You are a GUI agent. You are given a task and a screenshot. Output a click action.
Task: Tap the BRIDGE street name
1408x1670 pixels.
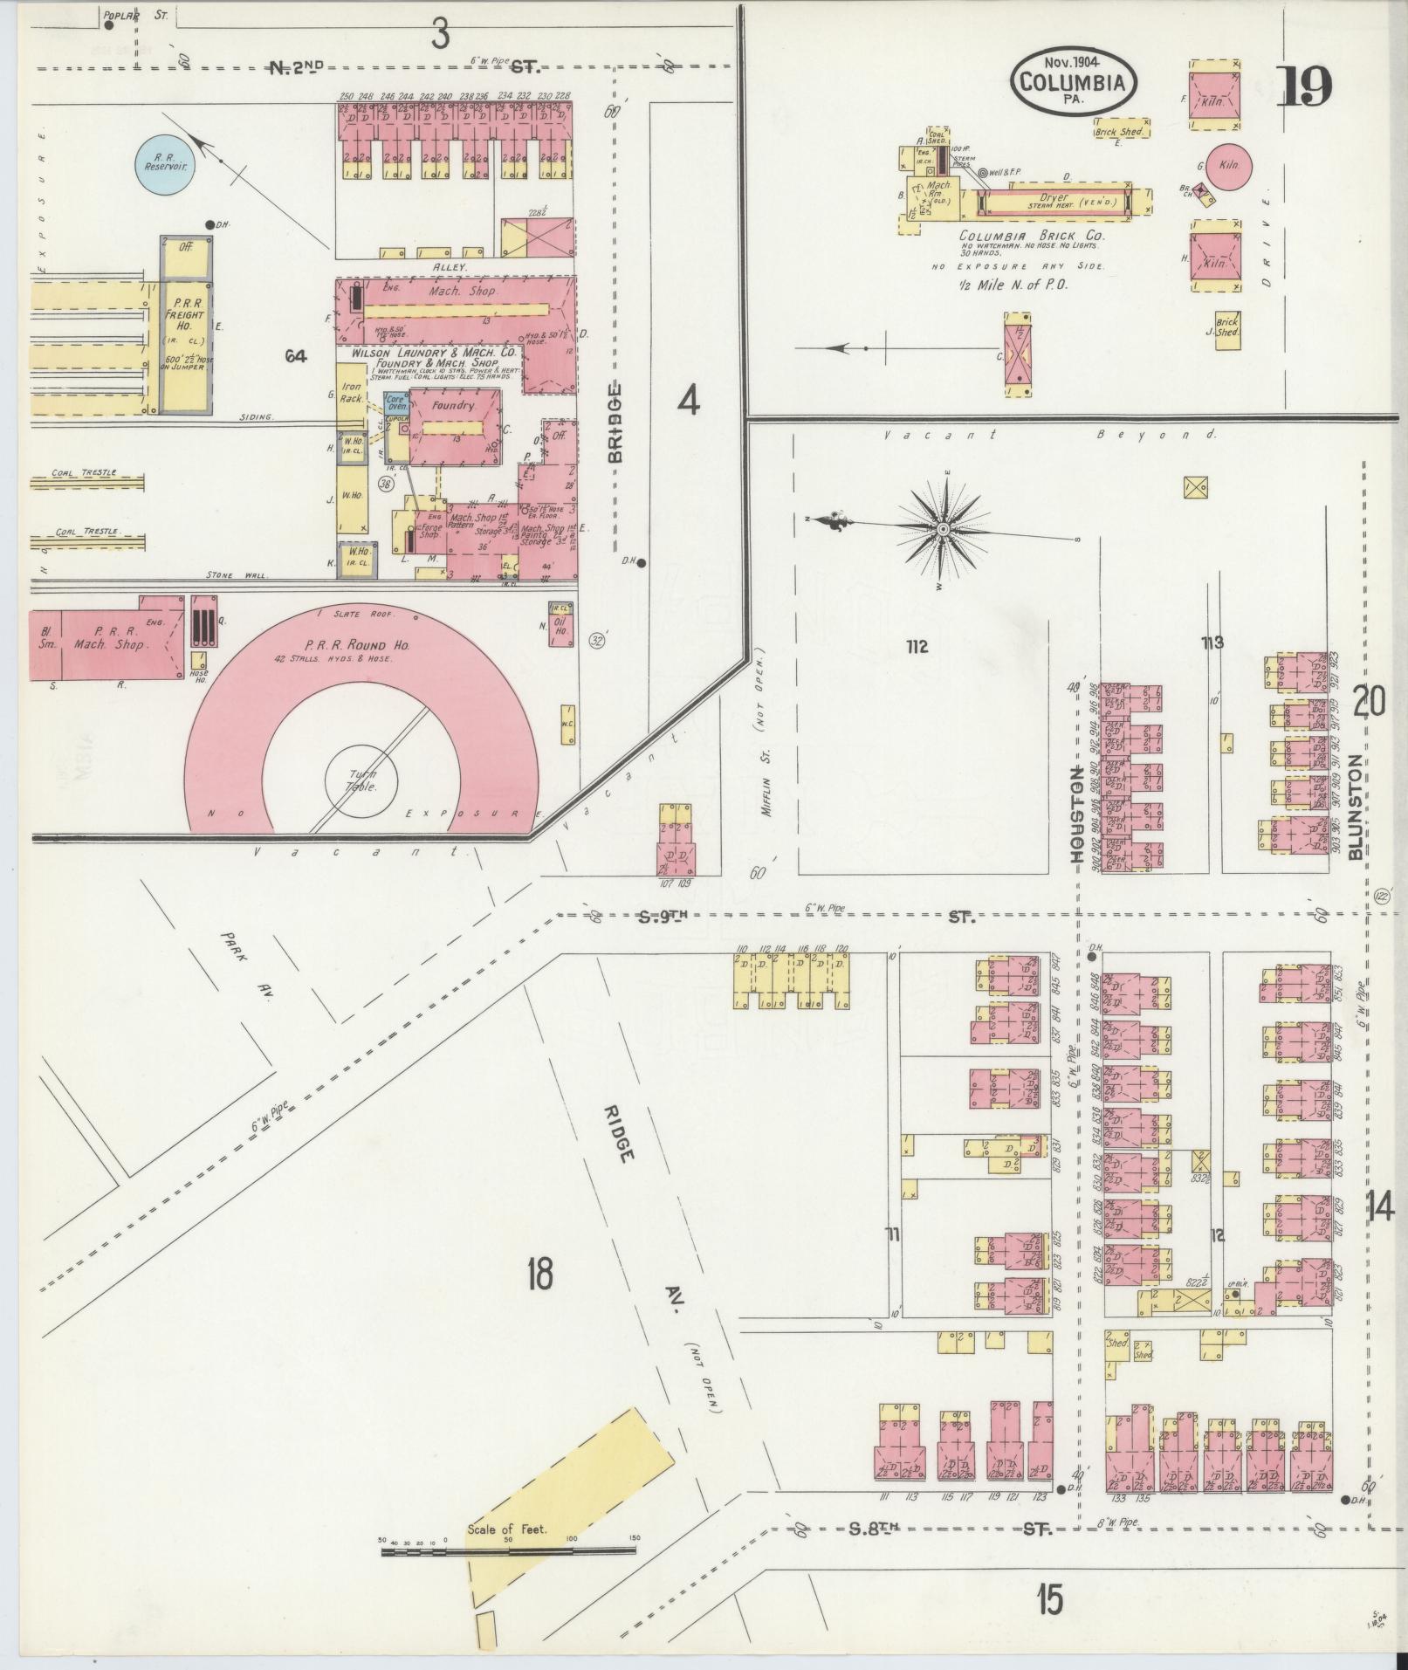click(x=616, y=423)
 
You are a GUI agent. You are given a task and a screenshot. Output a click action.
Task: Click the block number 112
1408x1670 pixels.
click(x=916, y=647)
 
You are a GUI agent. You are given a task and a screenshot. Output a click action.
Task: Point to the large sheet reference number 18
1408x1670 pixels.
click(x=539, y=1276)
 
